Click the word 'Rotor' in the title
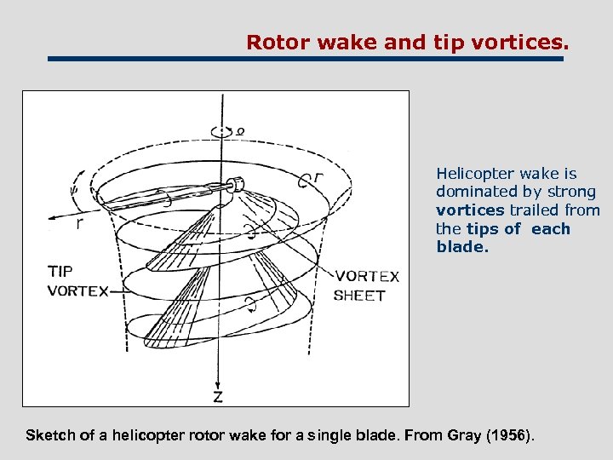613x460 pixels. [272, 42]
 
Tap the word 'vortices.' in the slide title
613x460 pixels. [524, 42]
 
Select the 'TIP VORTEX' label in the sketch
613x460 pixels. [77, 281]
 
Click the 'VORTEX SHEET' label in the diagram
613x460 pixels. [366, 286]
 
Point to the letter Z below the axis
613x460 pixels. [219, 398]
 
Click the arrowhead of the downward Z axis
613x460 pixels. [220, 382]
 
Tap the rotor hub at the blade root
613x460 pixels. [238, 183]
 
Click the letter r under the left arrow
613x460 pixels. [79, 225]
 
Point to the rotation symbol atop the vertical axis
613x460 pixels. [222, 130]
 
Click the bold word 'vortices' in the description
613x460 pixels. [470, 210]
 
